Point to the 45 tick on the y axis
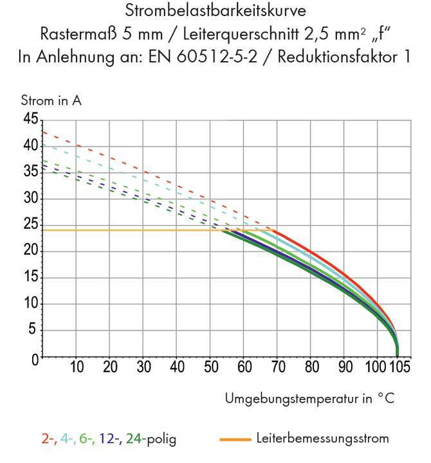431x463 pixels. (30, 119)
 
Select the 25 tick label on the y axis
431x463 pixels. (30, 225)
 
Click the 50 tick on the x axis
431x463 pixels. (210, 368)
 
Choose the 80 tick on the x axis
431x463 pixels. (311, 368)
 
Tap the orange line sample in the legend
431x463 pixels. (235, 440)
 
